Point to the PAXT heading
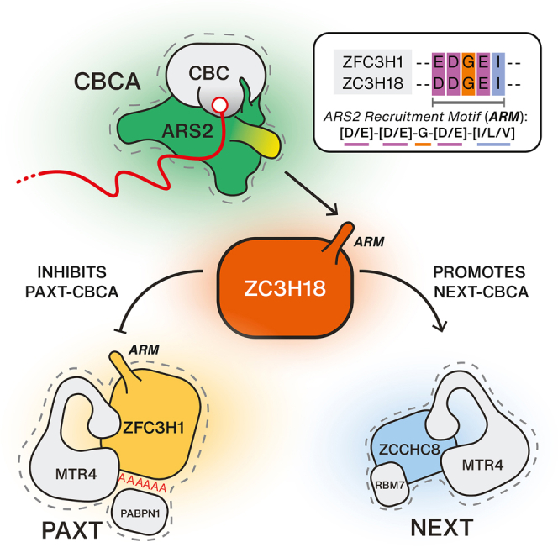[x=55, y=531]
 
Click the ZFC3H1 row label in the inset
[x=366, y=61]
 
